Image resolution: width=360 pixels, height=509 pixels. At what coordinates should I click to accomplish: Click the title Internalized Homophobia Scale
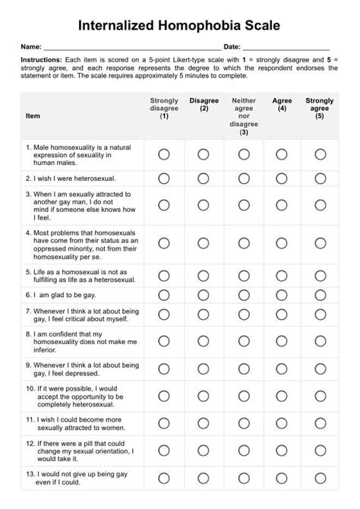pos(179,25)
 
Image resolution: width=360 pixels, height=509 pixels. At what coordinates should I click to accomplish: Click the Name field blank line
pos(133,49)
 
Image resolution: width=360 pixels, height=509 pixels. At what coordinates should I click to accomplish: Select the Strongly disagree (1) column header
pos(164,109)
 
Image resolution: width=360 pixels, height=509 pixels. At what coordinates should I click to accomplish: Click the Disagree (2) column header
pos(204,104)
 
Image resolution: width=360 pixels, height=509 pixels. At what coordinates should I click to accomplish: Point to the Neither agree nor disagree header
pos(244,116)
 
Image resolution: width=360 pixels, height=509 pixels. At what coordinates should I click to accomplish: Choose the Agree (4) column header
pos(282,104)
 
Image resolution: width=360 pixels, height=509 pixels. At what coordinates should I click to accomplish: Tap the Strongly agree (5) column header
pos(320,109)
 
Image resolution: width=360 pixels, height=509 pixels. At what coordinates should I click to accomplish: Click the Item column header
pos(33,116)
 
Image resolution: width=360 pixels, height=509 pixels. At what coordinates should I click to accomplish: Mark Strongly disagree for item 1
pos(164,154)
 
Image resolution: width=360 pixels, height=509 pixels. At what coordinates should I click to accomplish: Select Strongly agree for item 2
pos(321,179)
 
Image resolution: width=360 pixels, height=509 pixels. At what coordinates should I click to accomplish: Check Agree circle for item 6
pos(282,294)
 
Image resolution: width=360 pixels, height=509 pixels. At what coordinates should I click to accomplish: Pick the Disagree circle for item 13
pos(204,478)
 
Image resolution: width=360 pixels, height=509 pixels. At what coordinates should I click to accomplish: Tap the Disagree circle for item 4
pos(204,242)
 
